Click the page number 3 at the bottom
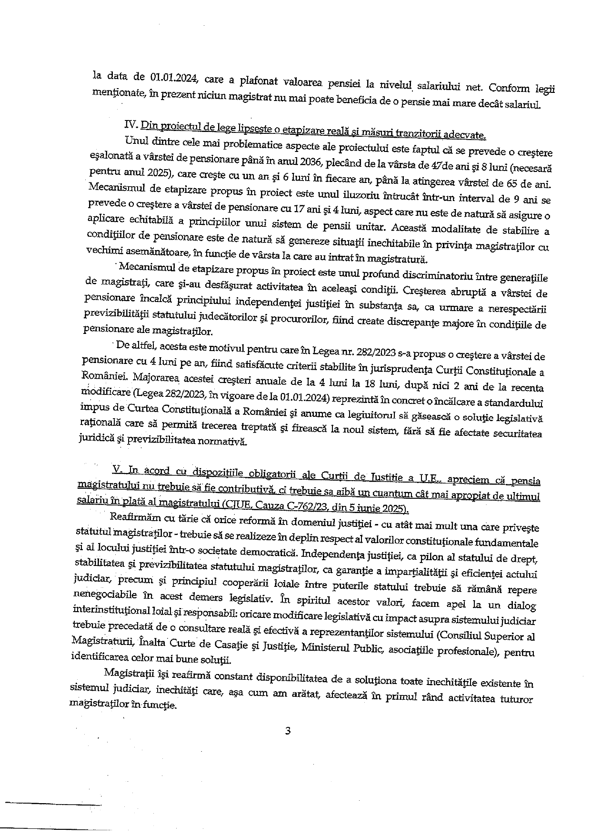pos(287,731)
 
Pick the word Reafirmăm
pos(132,518)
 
